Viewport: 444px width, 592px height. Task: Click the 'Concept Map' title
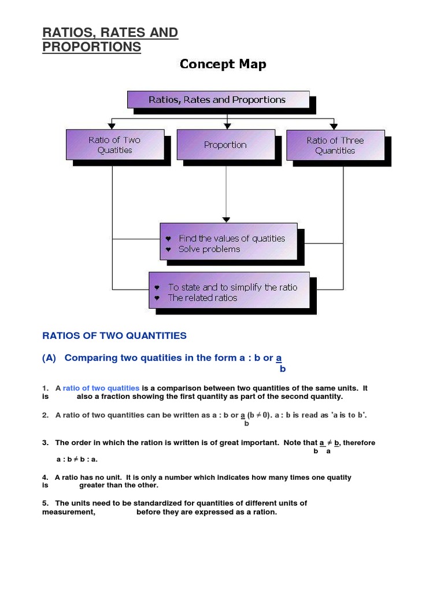(x=223, y=64)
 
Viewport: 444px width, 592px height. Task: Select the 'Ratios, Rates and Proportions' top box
(x=217, y=99)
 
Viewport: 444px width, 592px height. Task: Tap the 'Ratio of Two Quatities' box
(x=114, y=145)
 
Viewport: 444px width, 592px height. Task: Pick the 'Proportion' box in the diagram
(x=225, y=145)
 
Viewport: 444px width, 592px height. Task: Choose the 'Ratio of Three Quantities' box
(x=335, y=145)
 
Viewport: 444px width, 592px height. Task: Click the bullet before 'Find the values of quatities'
(x=168, y=239)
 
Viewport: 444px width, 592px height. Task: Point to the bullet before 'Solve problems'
(x=168, y=250)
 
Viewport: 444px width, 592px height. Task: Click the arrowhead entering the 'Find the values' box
(x=226, y=220)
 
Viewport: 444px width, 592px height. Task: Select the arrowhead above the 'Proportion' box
(x=228, y=125)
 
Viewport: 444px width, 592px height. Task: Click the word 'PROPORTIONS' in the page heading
(x=91, y=47)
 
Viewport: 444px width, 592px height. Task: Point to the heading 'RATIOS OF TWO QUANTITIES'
(x=114, y=335)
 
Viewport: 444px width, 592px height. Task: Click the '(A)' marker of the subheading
(x=49, y=358)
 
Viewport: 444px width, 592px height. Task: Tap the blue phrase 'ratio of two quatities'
(x=101, y=388)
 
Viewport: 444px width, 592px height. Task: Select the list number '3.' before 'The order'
(x=45, y=443)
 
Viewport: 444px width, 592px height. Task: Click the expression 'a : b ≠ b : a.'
(x=77, y=460)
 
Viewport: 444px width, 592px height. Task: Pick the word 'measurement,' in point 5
(x=69, y=512)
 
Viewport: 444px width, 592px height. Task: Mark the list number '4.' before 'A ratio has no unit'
(x=45, y=478)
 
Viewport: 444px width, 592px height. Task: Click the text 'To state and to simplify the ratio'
(x=232, y=287)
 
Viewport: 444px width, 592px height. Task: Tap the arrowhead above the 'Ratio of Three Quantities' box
(x=333, y=125)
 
